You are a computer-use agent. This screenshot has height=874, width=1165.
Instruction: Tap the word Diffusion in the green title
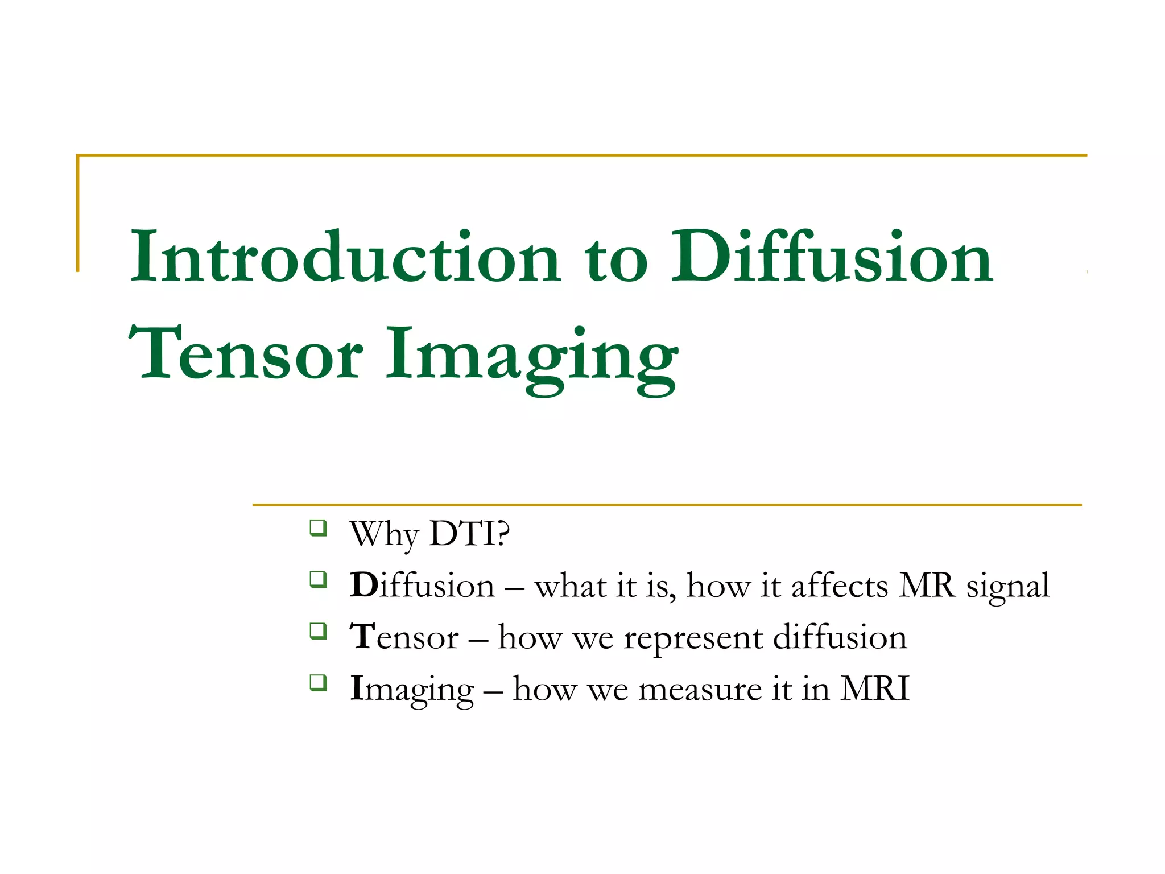point(832,257)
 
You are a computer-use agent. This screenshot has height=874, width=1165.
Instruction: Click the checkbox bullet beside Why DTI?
point(318,527)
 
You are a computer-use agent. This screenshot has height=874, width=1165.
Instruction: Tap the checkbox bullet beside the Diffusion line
point(318,579)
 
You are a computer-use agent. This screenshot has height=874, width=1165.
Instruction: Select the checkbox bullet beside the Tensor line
point(318,630)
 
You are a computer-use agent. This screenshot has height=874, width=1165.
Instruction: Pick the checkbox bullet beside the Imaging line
point(318,682)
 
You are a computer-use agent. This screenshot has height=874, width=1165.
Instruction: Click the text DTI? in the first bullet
point(469,534)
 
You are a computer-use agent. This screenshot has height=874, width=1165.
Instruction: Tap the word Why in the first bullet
point(384,535)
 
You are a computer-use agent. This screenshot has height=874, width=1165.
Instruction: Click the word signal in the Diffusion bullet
point(1007,586)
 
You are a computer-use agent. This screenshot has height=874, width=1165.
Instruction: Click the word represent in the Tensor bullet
point(693,638)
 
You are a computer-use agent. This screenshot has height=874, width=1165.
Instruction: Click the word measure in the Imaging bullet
point(700,690)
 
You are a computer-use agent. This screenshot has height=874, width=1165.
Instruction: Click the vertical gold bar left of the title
point(78,213)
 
